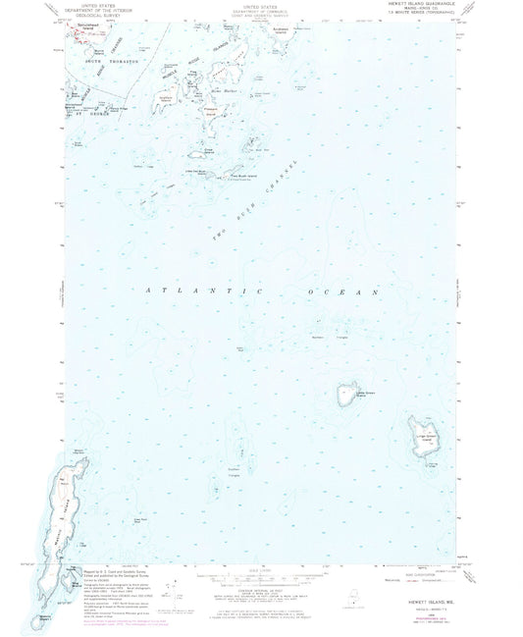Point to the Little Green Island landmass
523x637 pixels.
tap(346, 396)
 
